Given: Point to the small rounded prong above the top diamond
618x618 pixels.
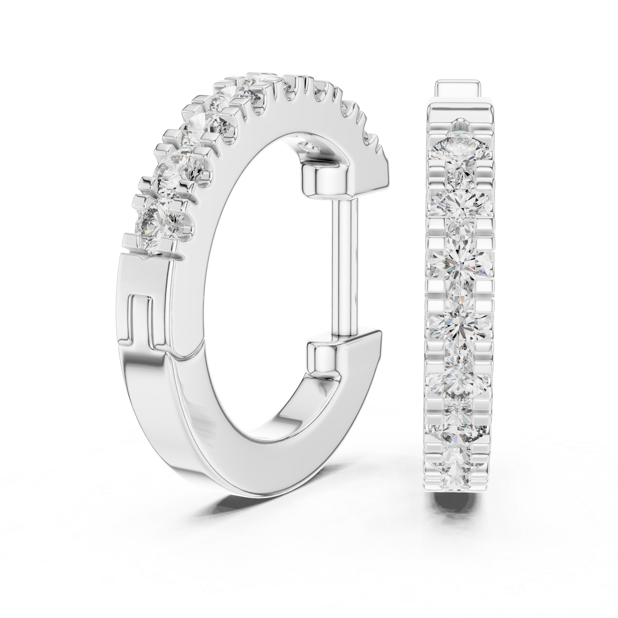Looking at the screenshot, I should (460, 123).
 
